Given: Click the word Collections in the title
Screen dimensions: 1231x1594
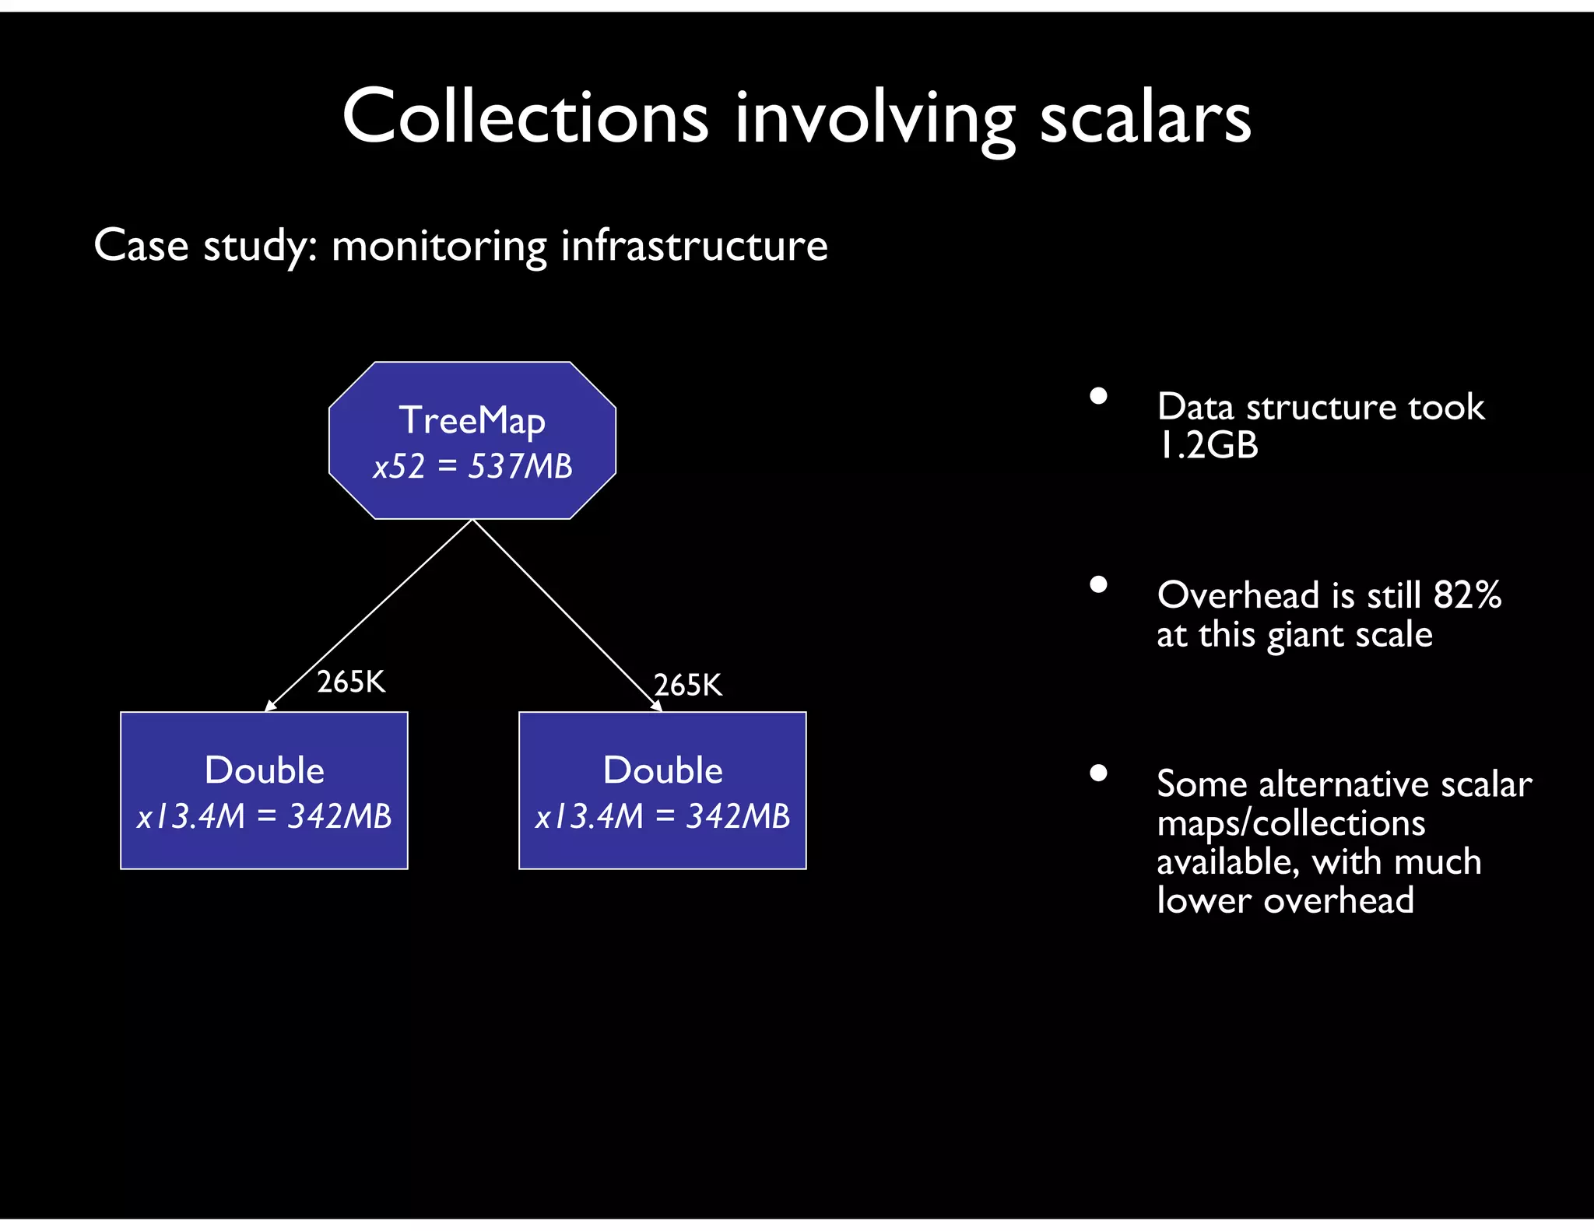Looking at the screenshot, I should click(x=525, y=117).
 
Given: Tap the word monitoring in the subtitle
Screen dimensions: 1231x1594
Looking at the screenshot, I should click(x=439, y=246).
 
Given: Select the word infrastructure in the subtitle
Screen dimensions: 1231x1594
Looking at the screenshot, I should click(x=694, y=246).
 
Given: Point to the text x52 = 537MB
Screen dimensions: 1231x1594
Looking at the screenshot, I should click(x=472, y=467).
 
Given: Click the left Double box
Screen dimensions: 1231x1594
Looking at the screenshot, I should click(x=264, y=790).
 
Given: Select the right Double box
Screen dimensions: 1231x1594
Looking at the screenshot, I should click(x=662, y=790).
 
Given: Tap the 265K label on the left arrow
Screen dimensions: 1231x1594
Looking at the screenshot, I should click(x=351, y=682).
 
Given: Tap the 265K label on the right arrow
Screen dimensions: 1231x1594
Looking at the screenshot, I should click(x=688, y=686).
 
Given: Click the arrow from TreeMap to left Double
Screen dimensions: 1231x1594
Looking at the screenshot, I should click(x=370, y=615).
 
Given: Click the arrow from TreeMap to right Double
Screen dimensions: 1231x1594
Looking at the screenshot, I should click(x=567, y=615).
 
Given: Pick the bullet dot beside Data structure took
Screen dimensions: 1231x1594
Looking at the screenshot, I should click(x=1098, y=396).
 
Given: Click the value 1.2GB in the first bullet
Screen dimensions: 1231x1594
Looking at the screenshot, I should click(x=1207, y=446).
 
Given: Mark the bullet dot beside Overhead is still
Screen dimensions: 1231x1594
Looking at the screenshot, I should click(x=1098, y=584).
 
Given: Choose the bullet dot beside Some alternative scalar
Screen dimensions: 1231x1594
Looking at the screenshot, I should click(x=1098, y=773).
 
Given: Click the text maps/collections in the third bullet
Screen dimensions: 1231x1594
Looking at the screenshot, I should click(x=1290, y=823).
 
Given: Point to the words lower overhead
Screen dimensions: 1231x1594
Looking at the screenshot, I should click(x=1285, y=900).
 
